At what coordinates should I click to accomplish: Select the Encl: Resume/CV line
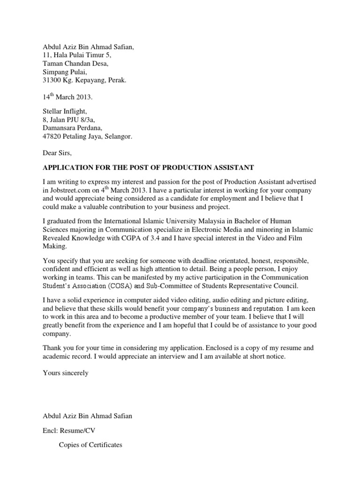click(x=66, y=430)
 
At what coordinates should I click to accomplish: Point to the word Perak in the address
click(x=116, y=80)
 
